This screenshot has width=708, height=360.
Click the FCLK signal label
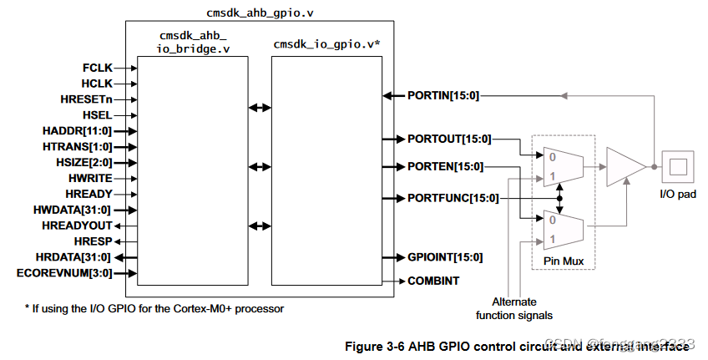pyautogui.click(x=97, y=68)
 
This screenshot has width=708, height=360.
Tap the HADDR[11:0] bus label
pyautogui.click(x=77, y=130)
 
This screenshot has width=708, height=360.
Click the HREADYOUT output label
pyautogui.click(x=76, y=226)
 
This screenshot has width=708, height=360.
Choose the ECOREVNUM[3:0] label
pyautogui.click(x=64, y=272)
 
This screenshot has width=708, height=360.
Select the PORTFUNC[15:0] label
pyautogui.click(x=453, y=198)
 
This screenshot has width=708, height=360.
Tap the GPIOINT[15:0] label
pyautogui.click(x=444, y=257)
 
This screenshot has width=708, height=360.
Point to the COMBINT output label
pyautogui.click(x=432, y=281)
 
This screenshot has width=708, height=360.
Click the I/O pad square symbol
pyautogui.click(x=676, y=166)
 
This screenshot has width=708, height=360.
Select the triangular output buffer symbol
pyautogui.click(x=625, y=166)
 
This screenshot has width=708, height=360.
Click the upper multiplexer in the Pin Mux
pyautogui.click(x=560, y=166)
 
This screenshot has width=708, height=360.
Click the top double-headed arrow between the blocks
pyautogui.click(x=260, y=108)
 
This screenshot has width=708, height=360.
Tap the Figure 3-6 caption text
pyautogui.click(x=518, y=345)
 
